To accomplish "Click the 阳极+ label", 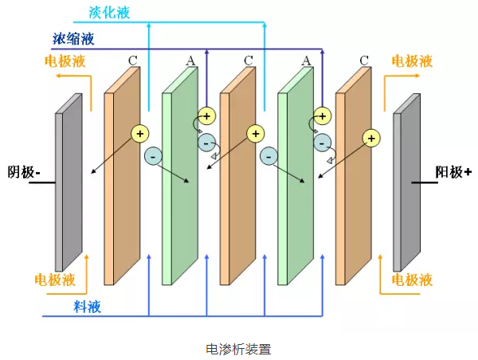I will pos(453,171).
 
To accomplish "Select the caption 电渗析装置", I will pos(239,349).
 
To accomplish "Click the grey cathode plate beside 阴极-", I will pos(69,183).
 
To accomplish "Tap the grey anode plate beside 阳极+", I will pos(407,183).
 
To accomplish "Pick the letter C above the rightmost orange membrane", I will pos(364,60).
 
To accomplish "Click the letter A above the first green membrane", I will pos(190,60).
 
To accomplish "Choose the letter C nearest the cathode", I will pos(132,60).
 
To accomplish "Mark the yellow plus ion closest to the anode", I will pos(370,138).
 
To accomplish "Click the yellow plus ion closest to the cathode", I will pos(140,132).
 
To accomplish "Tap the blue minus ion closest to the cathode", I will pos(152,157).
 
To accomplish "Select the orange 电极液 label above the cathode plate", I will pos(66,61).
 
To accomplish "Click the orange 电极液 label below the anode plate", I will pos(413,280).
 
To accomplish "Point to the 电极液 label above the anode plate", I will pos(413,61).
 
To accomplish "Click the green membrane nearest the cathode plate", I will pos(179,179).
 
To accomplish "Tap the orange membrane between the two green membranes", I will pos(237,179).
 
